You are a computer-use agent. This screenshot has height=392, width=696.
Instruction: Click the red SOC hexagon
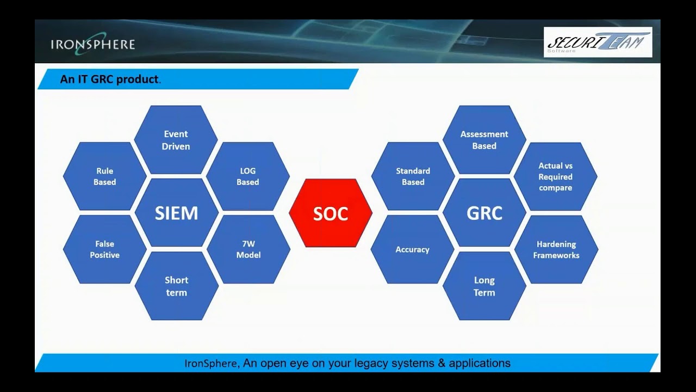coord(331,213)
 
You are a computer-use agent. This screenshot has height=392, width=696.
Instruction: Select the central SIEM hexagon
coord(176,213)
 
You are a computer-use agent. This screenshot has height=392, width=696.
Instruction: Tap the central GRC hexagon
coord(484,213)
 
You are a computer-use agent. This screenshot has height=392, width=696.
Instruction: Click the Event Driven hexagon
coord(176,140)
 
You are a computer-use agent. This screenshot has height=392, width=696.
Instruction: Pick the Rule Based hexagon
coord(104,176)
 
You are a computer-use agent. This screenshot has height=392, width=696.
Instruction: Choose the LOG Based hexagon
coord(248,176)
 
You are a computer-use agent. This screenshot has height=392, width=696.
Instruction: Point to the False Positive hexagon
coord(104,249)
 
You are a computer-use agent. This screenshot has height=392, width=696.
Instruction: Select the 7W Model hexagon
coord(248,249)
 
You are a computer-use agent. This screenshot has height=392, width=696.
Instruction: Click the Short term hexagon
coord(176,286)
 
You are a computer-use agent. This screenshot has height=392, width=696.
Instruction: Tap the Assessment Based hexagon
coord(484,140)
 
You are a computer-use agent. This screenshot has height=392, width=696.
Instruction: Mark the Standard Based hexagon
coord(413,176)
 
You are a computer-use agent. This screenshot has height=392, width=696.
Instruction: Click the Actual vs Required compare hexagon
coord(555,176)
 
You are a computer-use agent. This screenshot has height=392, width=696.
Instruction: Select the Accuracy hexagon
coord(412,249)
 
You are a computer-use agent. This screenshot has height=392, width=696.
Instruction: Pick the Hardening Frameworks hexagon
coord(556,249)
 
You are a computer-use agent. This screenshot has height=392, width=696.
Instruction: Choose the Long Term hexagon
coord(484,286)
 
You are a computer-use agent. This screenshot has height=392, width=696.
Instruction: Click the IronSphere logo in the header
coord(92,44)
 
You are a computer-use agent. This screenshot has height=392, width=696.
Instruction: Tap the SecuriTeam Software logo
coord(598,42)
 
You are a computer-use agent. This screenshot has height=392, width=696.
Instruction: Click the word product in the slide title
coord(138,79)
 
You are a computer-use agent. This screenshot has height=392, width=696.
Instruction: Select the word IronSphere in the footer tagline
coord(211,363)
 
